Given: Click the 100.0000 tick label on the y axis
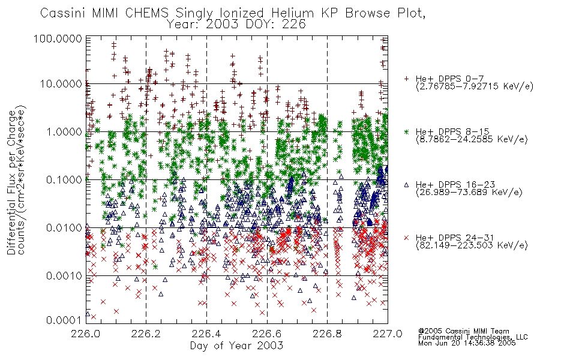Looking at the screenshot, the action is [58, 38].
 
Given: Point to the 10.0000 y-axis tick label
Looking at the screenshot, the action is [61, 84].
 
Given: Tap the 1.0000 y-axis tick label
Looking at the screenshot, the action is [64, 131].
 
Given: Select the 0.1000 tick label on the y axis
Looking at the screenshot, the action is [64, 179].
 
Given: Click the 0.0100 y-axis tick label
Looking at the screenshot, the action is [64, 228].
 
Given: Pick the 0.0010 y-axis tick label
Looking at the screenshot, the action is [64, 276].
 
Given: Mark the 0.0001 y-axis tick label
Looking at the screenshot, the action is [64, 320].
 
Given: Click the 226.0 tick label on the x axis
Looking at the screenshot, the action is [85, 334].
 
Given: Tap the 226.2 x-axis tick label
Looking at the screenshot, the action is [146, 334].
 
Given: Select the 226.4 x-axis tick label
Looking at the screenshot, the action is [206, 334].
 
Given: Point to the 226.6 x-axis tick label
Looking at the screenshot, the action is [266, 334].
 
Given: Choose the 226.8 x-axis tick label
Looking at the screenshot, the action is [327, 334].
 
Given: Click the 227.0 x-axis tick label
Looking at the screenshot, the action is [388, 334].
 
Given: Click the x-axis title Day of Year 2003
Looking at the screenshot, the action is [236, 346].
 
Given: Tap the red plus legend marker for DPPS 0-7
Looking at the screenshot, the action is [406, 79].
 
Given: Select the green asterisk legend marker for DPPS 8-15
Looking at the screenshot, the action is [406, 131].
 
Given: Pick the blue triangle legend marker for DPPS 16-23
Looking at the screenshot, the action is [406, 185].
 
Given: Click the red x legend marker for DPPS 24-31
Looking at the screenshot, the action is [406, 238].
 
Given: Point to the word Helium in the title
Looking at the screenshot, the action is [292, 13].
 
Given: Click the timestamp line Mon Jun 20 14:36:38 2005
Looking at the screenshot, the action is [467, 343].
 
